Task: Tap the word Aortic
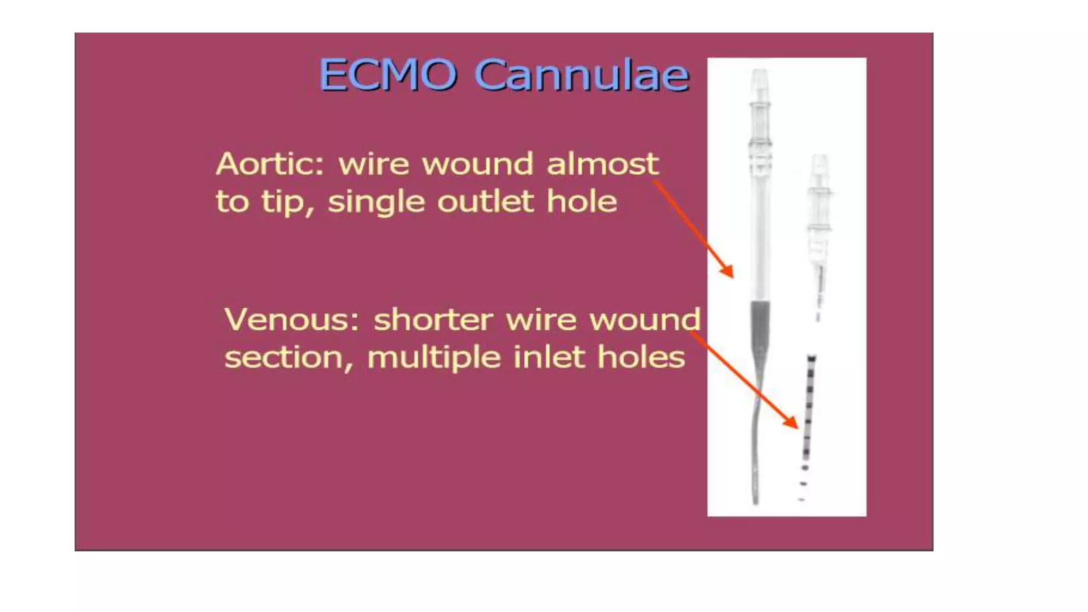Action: tap(269, 164)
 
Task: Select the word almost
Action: tap(602, 164)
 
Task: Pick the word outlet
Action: tap(486, 201)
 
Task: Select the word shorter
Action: tap(433, 320)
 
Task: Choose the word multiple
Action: tap(433, 357)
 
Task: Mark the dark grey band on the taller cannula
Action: tap(760, 324)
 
